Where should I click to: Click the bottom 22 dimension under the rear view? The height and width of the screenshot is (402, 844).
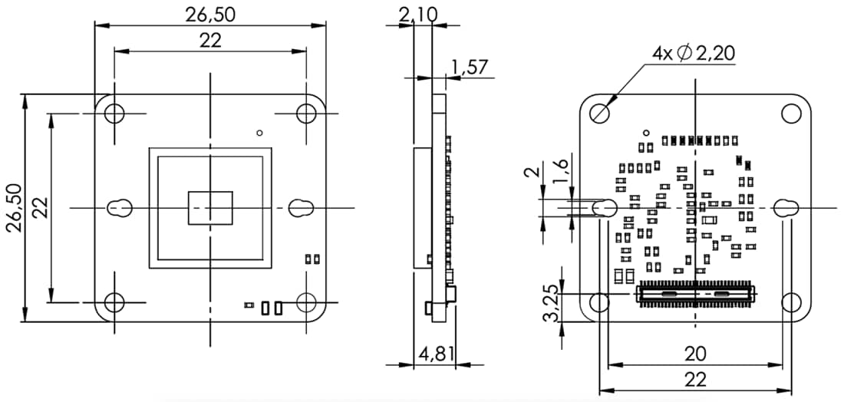694,378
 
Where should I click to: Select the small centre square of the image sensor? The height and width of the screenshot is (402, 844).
210,208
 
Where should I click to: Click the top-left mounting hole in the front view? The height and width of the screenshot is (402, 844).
114,114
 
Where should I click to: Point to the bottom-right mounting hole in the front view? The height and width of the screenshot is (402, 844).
307,302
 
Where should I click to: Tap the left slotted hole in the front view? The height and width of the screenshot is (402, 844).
118,207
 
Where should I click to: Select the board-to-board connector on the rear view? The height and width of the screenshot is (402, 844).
696,293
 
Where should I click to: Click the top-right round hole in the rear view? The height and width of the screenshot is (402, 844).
791,114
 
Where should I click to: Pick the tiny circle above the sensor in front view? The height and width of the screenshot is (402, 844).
261,133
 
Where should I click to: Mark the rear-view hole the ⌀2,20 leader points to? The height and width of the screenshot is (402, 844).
601,113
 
